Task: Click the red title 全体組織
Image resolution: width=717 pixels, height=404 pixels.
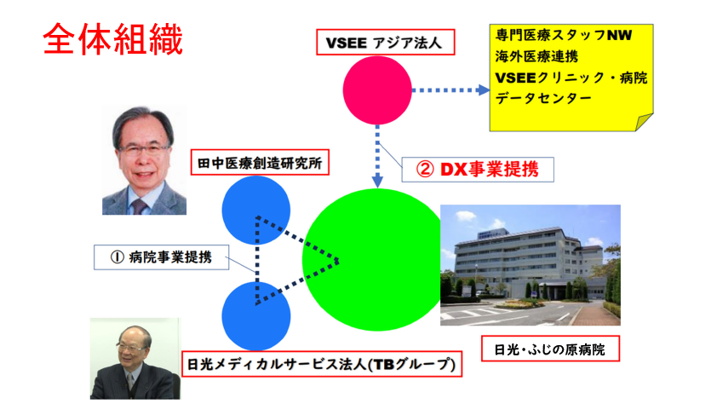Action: point(113,39)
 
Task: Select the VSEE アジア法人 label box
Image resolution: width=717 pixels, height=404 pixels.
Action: point(386,43)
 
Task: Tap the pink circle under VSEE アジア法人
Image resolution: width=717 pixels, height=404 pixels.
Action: point(377,90)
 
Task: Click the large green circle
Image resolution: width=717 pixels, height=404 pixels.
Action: point(374,260)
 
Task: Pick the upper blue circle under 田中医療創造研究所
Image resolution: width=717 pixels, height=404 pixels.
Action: point(256,210)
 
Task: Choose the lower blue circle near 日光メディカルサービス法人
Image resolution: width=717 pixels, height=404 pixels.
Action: point(256,316)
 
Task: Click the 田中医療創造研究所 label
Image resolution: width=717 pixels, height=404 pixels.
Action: point(260,163)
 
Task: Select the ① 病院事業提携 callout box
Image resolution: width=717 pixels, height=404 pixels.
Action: point(162,257)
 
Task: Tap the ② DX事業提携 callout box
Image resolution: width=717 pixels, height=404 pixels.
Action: point(478,170)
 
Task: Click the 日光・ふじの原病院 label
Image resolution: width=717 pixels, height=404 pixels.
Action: point(550,349)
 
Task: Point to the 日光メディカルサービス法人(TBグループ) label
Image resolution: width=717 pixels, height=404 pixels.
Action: point(322,364)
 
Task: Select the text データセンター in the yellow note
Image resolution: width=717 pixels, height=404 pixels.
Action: point(543,98)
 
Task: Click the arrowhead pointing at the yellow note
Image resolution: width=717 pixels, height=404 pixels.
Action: point(484,90)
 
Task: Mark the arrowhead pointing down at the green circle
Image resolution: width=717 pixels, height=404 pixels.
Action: point(377,182)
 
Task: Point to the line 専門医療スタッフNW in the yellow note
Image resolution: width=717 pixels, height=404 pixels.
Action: point(564,35)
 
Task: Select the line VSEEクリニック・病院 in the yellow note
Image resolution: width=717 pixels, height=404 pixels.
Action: point(571,78)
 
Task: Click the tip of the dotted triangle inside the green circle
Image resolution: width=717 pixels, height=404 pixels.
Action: point(338,261)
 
